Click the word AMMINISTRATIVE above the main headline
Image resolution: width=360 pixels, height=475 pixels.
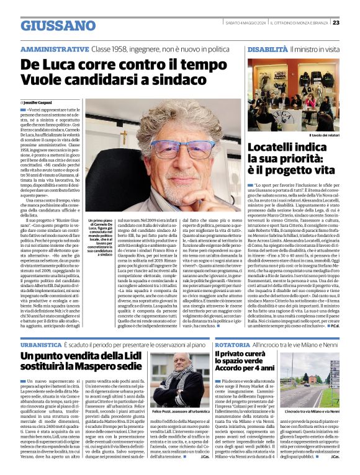click(55, 48)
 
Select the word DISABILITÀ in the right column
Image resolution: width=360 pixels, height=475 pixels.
click(268, 48)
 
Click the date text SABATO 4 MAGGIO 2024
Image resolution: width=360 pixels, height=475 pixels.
click(255, 23)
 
